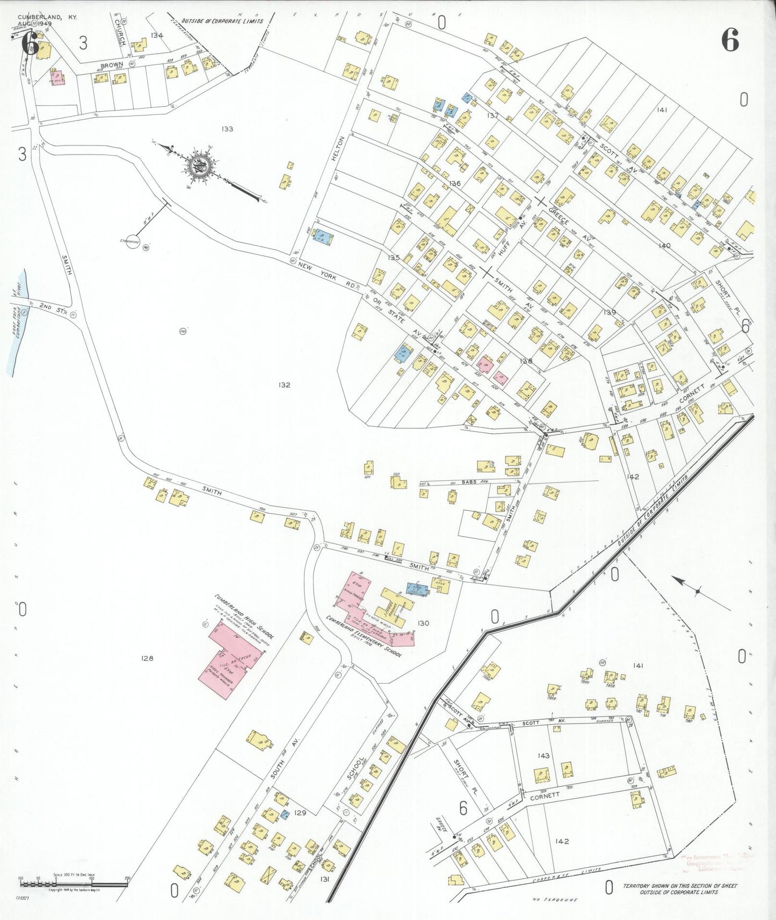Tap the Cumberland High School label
click(x=244, y=616)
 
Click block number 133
click(x=227, y=129)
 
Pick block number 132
click(x=284, y=385)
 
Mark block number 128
click(x=147, y=658)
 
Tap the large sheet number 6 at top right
click(x=730, y=40)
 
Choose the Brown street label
click(x=112, y=65)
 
